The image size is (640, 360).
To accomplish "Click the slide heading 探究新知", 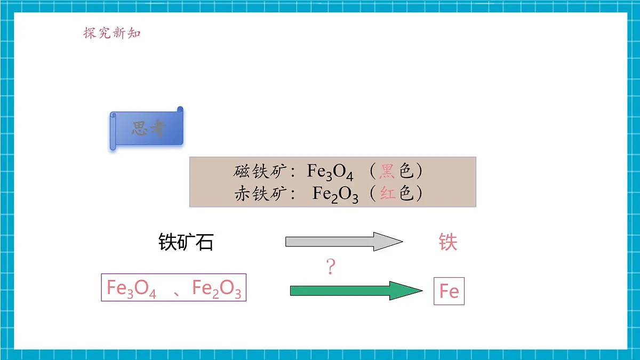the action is click(112, 33).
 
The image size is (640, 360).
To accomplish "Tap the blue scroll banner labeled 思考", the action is click(147, 129).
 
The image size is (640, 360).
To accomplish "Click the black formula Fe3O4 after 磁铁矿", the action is click(330, 172).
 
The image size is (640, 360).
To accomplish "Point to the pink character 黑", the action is click(387, 171).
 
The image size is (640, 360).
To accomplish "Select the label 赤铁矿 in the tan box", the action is click(261, 194).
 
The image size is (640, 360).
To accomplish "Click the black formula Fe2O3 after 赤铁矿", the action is click(335, 195).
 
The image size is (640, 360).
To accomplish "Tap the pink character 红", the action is click(387, 194).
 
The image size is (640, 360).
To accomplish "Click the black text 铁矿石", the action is click(186, 242).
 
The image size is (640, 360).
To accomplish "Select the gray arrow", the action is click(345, 242).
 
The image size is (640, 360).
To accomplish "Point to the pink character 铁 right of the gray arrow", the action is click(448, 242).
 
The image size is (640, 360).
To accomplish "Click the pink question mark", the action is click(331, 266).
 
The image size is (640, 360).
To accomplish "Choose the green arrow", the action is click(356, 291).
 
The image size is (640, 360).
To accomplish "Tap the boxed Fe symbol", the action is click(449, 291).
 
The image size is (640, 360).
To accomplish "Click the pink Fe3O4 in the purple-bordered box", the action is click(131, 289).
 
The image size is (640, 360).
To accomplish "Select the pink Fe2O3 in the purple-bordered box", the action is click(217, 289).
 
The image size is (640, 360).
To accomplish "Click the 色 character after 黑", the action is click(406, 171).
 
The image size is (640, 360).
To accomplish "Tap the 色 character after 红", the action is click(406, 194).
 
